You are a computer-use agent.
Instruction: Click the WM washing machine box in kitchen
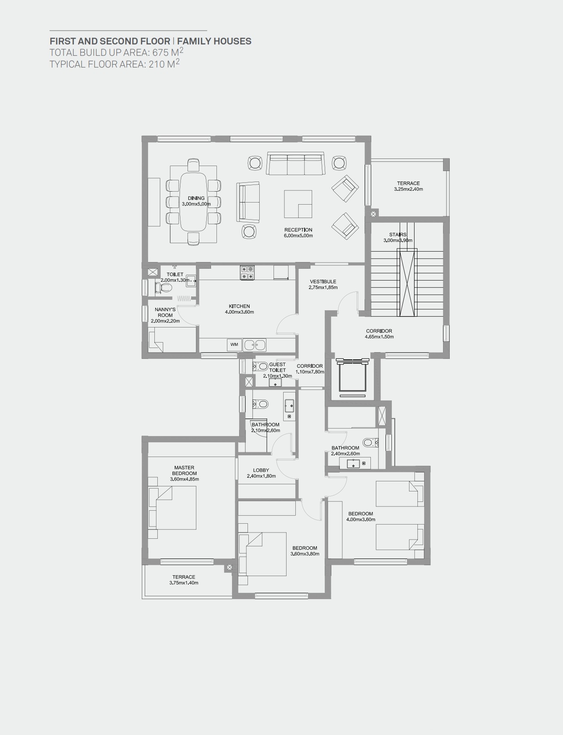pyautogui.click(x=234, y=345)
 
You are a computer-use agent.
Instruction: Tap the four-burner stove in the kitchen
pyautogui.click(x=247, y=273)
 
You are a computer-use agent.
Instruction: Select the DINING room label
pyautogui.click(x=196, y=198)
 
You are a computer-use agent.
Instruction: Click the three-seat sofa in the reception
pyautogui.click(x=296, y=164)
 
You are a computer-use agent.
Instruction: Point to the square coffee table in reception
pyautogui.click(x=298, y=204)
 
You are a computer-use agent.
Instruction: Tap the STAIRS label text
pyautogui.click(x=398, y=235)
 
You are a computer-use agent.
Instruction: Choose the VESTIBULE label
pyautogui.click(x=323, y=282)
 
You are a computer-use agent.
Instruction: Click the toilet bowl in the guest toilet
pyautogui.click(x=262, y=366)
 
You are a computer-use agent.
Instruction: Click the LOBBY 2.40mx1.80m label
pyautogui.click(x=261, y=473)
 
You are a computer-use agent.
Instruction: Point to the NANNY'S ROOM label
pyautogui.click(x=165, y=312)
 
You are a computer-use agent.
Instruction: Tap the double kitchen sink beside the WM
pyautogui.click(x=255, y=345)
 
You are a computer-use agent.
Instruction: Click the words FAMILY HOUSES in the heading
pyautogui.click(x=214, y=41)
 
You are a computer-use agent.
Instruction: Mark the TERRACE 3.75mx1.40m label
pyautogui.click(x=184, y=580)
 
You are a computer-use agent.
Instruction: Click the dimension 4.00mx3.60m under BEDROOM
pyautogui.click(x=361, y=519)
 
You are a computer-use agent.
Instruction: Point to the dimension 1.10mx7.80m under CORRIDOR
pyautogui.click(x=310, y=372)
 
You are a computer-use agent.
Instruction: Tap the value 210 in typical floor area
pyautogui.click(x=157, y=65)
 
